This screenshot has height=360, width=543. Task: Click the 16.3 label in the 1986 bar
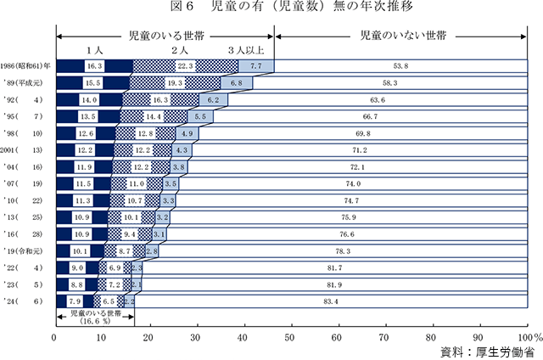[94, 66]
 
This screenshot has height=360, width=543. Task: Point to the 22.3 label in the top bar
[187, 66]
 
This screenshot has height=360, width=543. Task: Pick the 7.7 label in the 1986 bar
[255, 66]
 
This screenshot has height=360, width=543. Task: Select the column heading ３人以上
[245, 51]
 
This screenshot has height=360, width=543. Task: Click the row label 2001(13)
[27, 149]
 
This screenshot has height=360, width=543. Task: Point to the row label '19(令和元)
[28, 250]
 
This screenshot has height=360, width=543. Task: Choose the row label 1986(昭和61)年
[27, 66]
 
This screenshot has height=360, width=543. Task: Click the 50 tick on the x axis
[290, 337]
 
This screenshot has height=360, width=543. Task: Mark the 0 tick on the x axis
[55, 337]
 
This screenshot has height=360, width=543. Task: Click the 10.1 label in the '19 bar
[80, 251]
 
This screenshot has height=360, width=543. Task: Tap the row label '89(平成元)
[28, 83]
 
